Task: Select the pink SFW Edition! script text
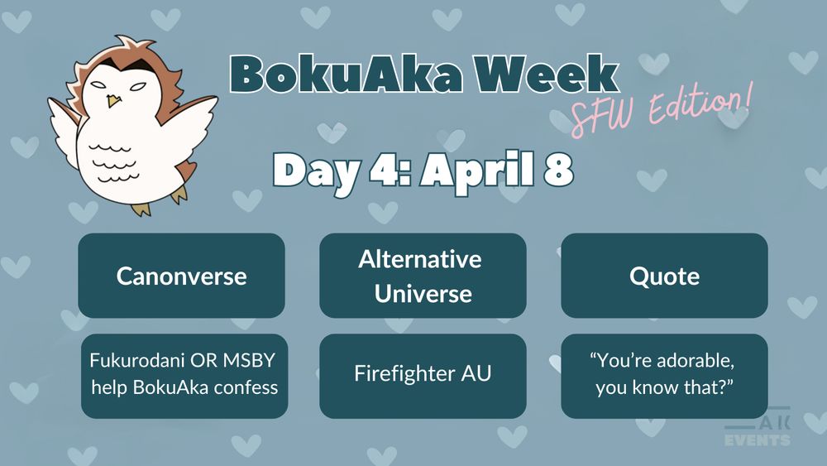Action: click(x=662, y=110)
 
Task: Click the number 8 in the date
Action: click(x=559, y=171)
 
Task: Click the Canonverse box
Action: click(x=181, y=275)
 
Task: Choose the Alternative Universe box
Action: click(x=423, y=276)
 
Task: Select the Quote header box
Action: click(x=664, y=275)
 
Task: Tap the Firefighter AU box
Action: click(x=423, y=374)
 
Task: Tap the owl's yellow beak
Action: click(x=115, y=100)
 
